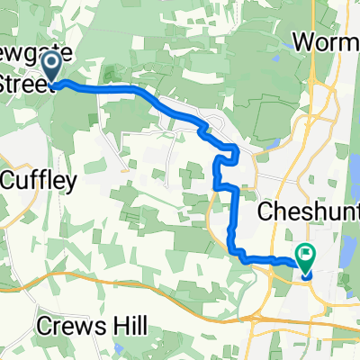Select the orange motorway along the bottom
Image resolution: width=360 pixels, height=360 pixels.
pyautogui.click(x=135, y=285)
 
